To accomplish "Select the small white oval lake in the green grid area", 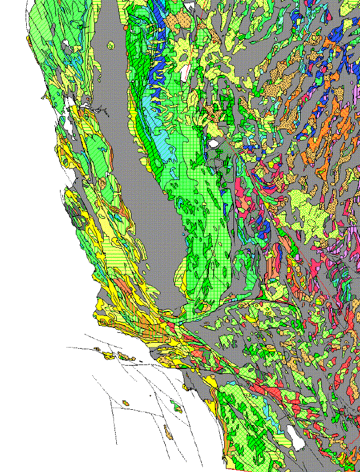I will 214,144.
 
